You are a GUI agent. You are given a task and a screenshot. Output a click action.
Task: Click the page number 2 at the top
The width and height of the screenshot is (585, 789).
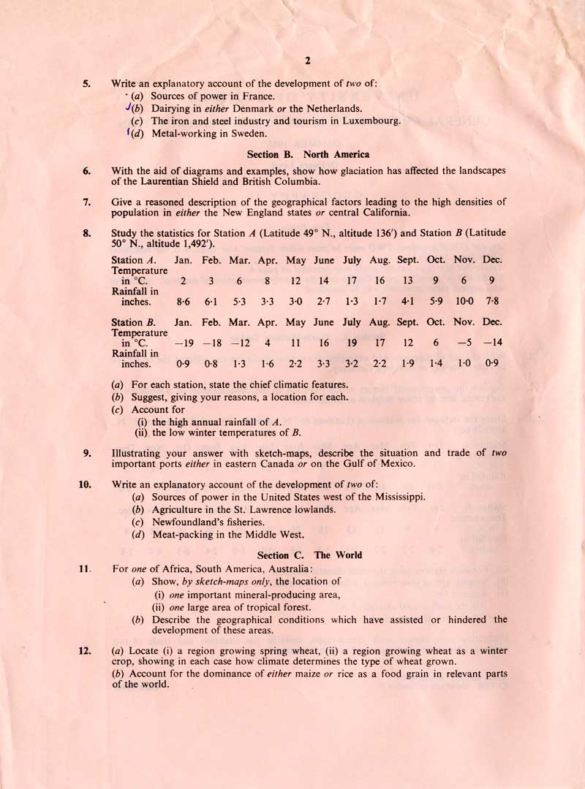point(308,61)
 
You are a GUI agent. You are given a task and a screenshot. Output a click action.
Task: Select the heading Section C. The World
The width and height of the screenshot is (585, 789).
point(309,555)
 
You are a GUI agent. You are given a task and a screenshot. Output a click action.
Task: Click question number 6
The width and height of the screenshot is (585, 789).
point(86,171)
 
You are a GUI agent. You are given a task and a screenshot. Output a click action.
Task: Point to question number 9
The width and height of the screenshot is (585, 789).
point(86,453)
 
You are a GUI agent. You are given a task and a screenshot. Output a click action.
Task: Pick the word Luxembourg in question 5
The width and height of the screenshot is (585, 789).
point(369,121)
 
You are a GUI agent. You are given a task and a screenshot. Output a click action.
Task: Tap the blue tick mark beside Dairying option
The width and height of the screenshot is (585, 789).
point(129,107)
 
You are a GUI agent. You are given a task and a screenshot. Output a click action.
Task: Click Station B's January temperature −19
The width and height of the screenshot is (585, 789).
point(183,343)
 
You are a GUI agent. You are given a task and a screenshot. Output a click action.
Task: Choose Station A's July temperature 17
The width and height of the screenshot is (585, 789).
point(352,281)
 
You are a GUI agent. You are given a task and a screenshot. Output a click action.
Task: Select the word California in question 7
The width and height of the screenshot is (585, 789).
point(374,213)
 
